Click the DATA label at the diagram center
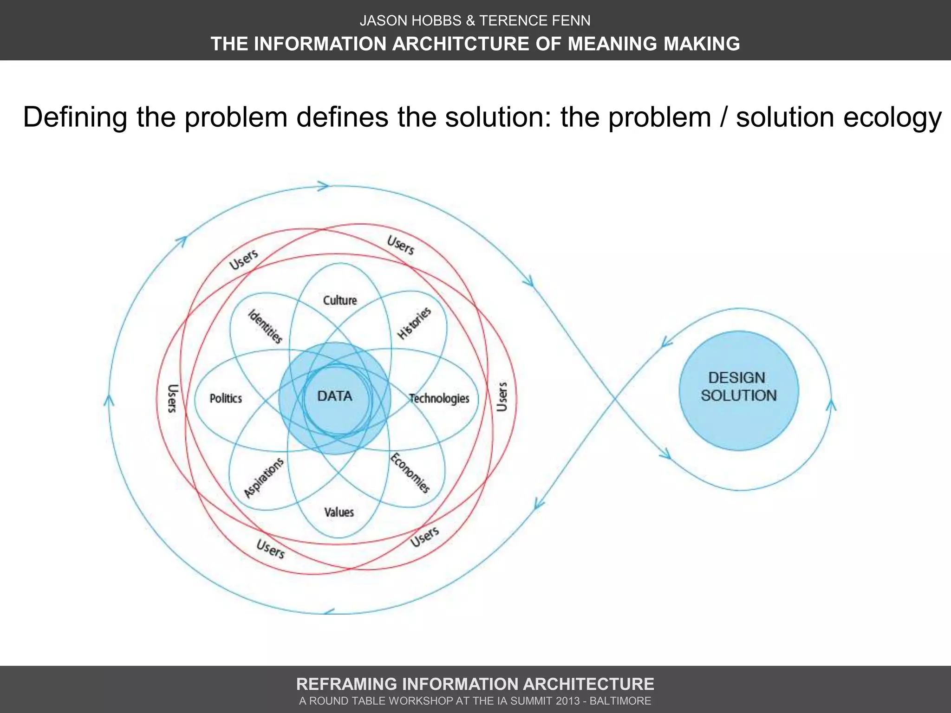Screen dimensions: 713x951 click(334, 396)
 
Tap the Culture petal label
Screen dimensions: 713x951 click(340, 300)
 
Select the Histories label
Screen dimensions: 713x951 click(414, 323)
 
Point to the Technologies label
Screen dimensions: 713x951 click(439, 398)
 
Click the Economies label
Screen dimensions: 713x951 click(410, 473)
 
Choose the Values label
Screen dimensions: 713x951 click(339, 512)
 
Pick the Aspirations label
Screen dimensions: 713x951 click(264, 478)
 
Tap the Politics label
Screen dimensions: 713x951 click(226, 398)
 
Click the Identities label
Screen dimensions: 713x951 click(265, 326)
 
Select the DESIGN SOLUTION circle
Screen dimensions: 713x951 click(738, 390)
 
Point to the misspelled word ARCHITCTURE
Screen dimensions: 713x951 click(459, 44)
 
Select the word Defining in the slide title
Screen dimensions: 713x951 click(75, 117)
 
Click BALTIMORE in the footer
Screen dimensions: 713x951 click(620, 701)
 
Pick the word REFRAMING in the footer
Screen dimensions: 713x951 click(346, 684)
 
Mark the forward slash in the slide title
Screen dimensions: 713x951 click(723, 117)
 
